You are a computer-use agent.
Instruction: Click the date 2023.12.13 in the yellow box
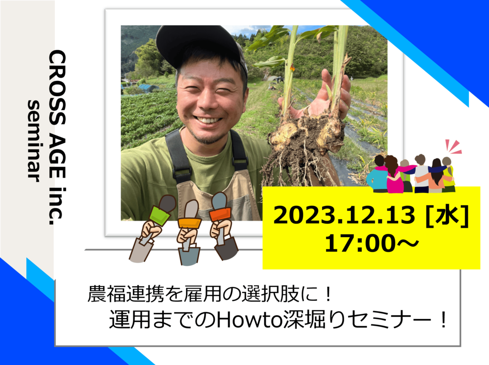344,215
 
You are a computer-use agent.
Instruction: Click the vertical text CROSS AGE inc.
57,138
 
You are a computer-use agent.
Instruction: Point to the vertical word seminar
34,141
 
